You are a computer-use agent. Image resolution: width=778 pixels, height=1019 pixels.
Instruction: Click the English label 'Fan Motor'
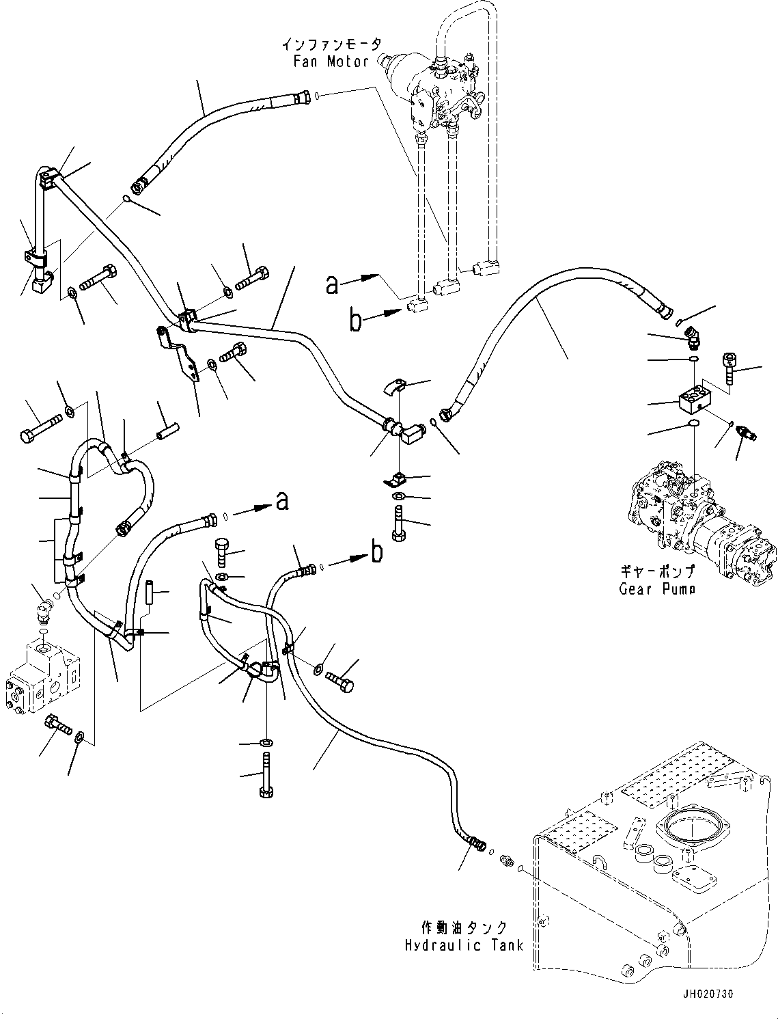click(331, 62)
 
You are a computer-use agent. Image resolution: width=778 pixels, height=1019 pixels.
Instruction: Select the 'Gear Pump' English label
click(657, 588)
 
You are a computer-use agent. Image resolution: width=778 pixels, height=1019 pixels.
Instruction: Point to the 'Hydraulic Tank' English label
click(464, 945)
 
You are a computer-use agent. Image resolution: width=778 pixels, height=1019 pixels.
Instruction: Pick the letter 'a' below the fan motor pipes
click(332, 284)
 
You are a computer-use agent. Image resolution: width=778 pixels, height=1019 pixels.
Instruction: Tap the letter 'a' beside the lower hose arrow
click(282, 502)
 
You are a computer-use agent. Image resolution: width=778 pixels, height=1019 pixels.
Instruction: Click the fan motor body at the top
click(437, 89)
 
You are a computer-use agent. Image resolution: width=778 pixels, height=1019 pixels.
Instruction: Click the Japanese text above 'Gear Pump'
click(657, 571)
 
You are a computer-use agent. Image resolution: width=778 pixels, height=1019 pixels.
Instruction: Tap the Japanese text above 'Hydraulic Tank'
click(464, 928)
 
